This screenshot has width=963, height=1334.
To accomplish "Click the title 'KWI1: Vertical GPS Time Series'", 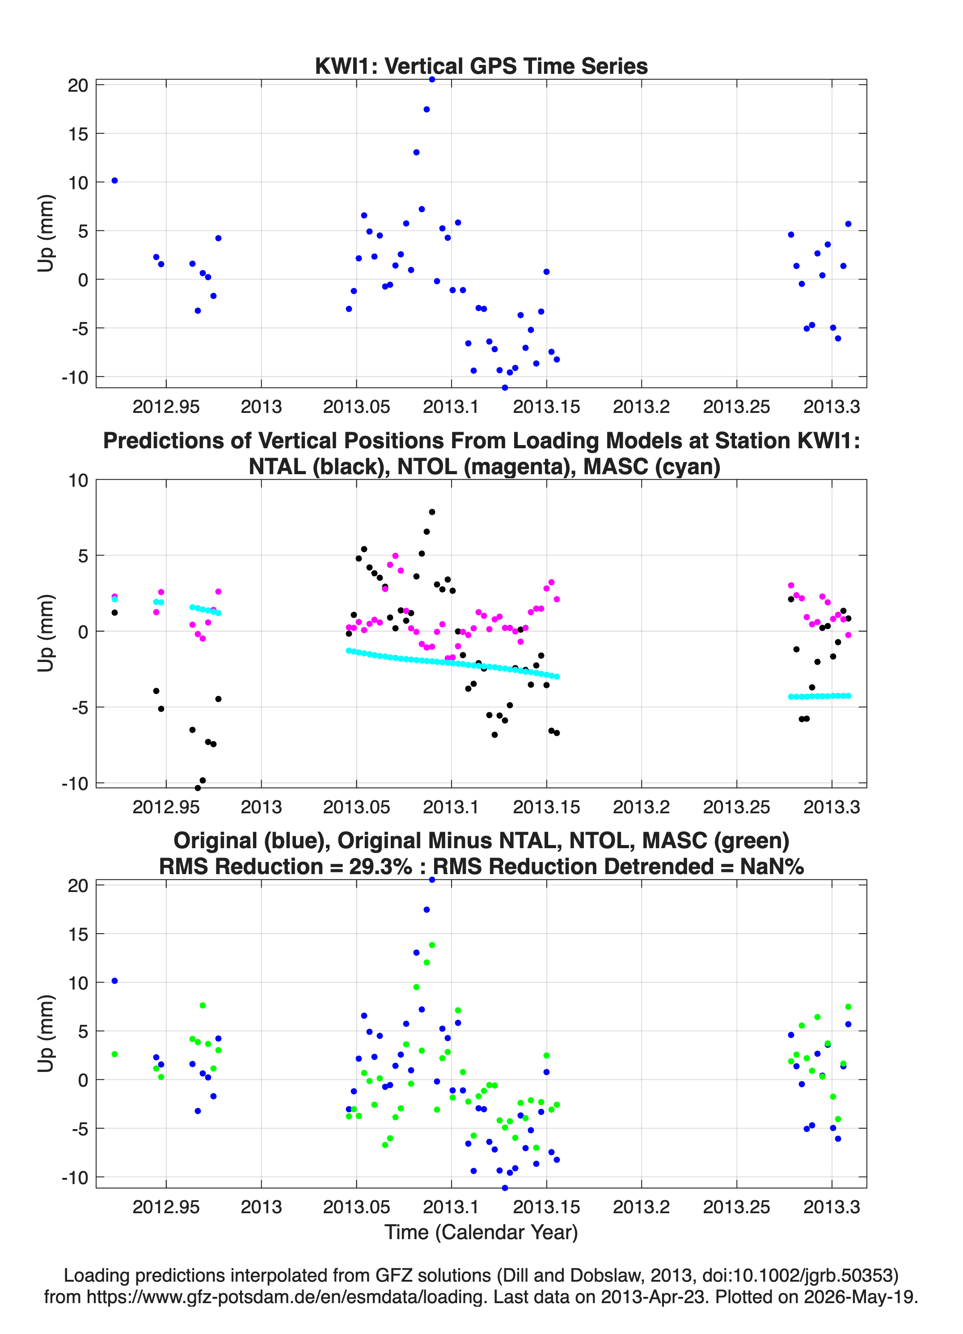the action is (x=481, y=66).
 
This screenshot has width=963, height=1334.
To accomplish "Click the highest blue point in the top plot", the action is (x=431, y=80).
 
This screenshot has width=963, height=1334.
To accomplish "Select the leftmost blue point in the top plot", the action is (x=114, y=181).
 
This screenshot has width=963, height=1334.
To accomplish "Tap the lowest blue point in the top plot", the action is (x=504, y=387).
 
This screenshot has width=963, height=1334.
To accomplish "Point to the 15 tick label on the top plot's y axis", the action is (x=78, y=134).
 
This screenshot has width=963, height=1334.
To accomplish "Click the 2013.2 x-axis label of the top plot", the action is (x=642, y=407).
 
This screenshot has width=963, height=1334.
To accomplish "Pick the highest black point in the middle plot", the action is (x=431, y=512).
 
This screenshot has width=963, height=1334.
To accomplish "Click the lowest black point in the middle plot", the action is (x=198, y=788).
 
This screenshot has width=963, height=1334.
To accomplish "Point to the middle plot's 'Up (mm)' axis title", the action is (x=46, y=633).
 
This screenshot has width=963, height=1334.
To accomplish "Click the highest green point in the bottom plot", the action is (x=431, y=945).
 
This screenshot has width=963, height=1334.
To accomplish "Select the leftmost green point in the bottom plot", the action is (x=114, y=1054).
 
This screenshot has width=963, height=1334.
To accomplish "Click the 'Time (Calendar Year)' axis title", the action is (x=481, y=1232).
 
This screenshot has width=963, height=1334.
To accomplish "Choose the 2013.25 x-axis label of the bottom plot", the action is (x=737, y=1207).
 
